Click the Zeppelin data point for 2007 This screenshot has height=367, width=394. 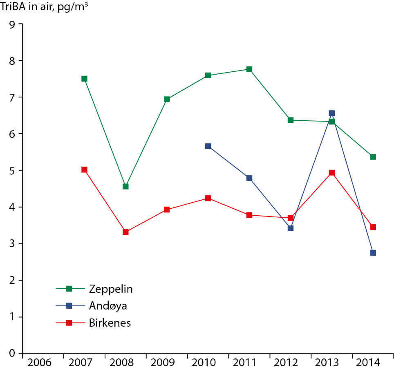pos(84,79)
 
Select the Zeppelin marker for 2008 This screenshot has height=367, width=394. pos(125,186)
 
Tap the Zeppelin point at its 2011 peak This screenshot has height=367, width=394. pos(249,69)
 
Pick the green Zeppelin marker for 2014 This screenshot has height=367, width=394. pos(373,157)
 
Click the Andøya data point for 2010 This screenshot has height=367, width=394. pos(208,146)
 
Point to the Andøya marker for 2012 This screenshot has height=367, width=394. pos(290,228)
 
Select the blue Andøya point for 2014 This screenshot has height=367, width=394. pos(373,253)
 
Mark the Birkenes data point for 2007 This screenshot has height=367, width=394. pos(84,170)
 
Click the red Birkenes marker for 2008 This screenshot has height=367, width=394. pos(125,232)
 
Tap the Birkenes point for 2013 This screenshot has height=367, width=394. pos(331,172)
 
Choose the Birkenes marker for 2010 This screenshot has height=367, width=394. pos(208,198)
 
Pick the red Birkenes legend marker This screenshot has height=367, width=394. pos(69,323)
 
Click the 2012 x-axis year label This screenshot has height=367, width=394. pos(290,362)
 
